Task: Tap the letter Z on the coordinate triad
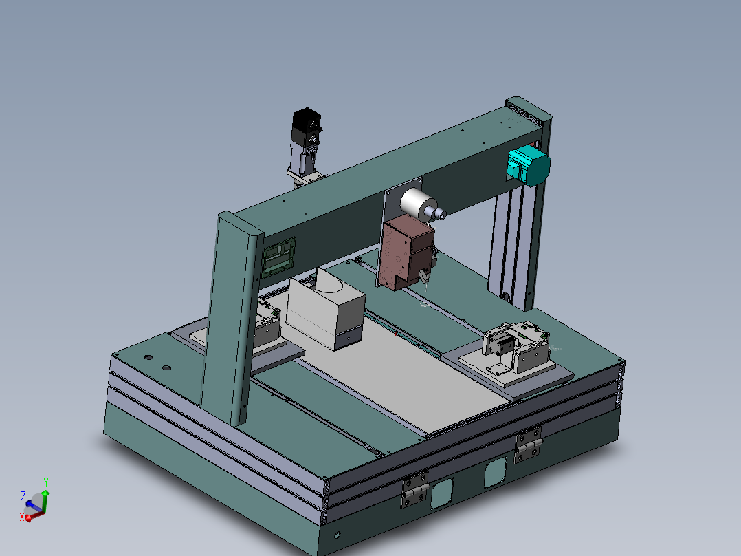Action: (x=23, y=495)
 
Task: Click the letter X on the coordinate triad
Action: (x=22, y=517)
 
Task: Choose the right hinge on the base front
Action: (x=528, y=445)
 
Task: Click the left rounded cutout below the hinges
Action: (x=442, y=493)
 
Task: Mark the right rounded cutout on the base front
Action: (x=495, y=473)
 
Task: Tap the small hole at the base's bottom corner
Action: (x=337, y=535)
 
